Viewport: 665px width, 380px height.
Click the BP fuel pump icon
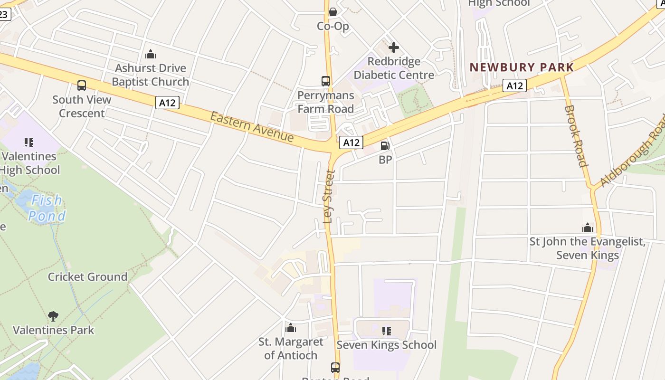(x=385, y=146)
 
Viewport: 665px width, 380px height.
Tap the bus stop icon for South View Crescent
(x=82, y=85)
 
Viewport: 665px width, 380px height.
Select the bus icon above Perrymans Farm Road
(x=325, y=81)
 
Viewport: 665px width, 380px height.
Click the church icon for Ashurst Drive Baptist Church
(x=151, y=54)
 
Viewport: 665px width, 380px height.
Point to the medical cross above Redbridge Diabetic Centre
(x=393, y=47)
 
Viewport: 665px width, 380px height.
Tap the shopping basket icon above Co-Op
(x=333, y=12)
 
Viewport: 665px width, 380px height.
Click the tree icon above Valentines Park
(x=53, y=316)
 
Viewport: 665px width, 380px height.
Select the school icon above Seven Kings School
(x=386, y=331)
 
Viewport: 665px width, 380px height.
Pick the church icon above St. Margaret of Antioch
(x=291, y=328)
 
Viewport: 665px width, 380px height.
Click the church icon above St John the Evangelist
(x=588, y=228)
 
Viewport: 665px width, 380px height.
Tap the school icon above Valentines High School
(x=29, y=142)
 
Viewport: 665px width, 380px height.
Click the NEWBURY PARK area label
(x=522, y=67)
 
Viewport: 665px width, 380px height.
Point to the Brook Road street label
(x=576, y=136)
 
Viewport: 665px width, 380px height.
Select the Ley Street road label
(x=329, y=196)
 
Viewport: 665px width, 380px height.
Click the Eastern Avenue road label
(x=252, y=127)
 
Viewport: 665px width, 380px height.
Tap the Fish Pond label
(x=46, y=208)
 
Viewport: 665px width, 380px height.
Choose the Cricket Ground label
(x=87, y=276)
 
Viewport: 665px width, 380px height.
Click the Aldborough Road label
(x=632, y=151)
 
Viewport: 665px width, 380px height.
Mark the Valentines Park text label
(x=53, y=330)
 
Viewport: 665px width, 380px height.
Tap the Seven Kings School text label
(x=386, y=345)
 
